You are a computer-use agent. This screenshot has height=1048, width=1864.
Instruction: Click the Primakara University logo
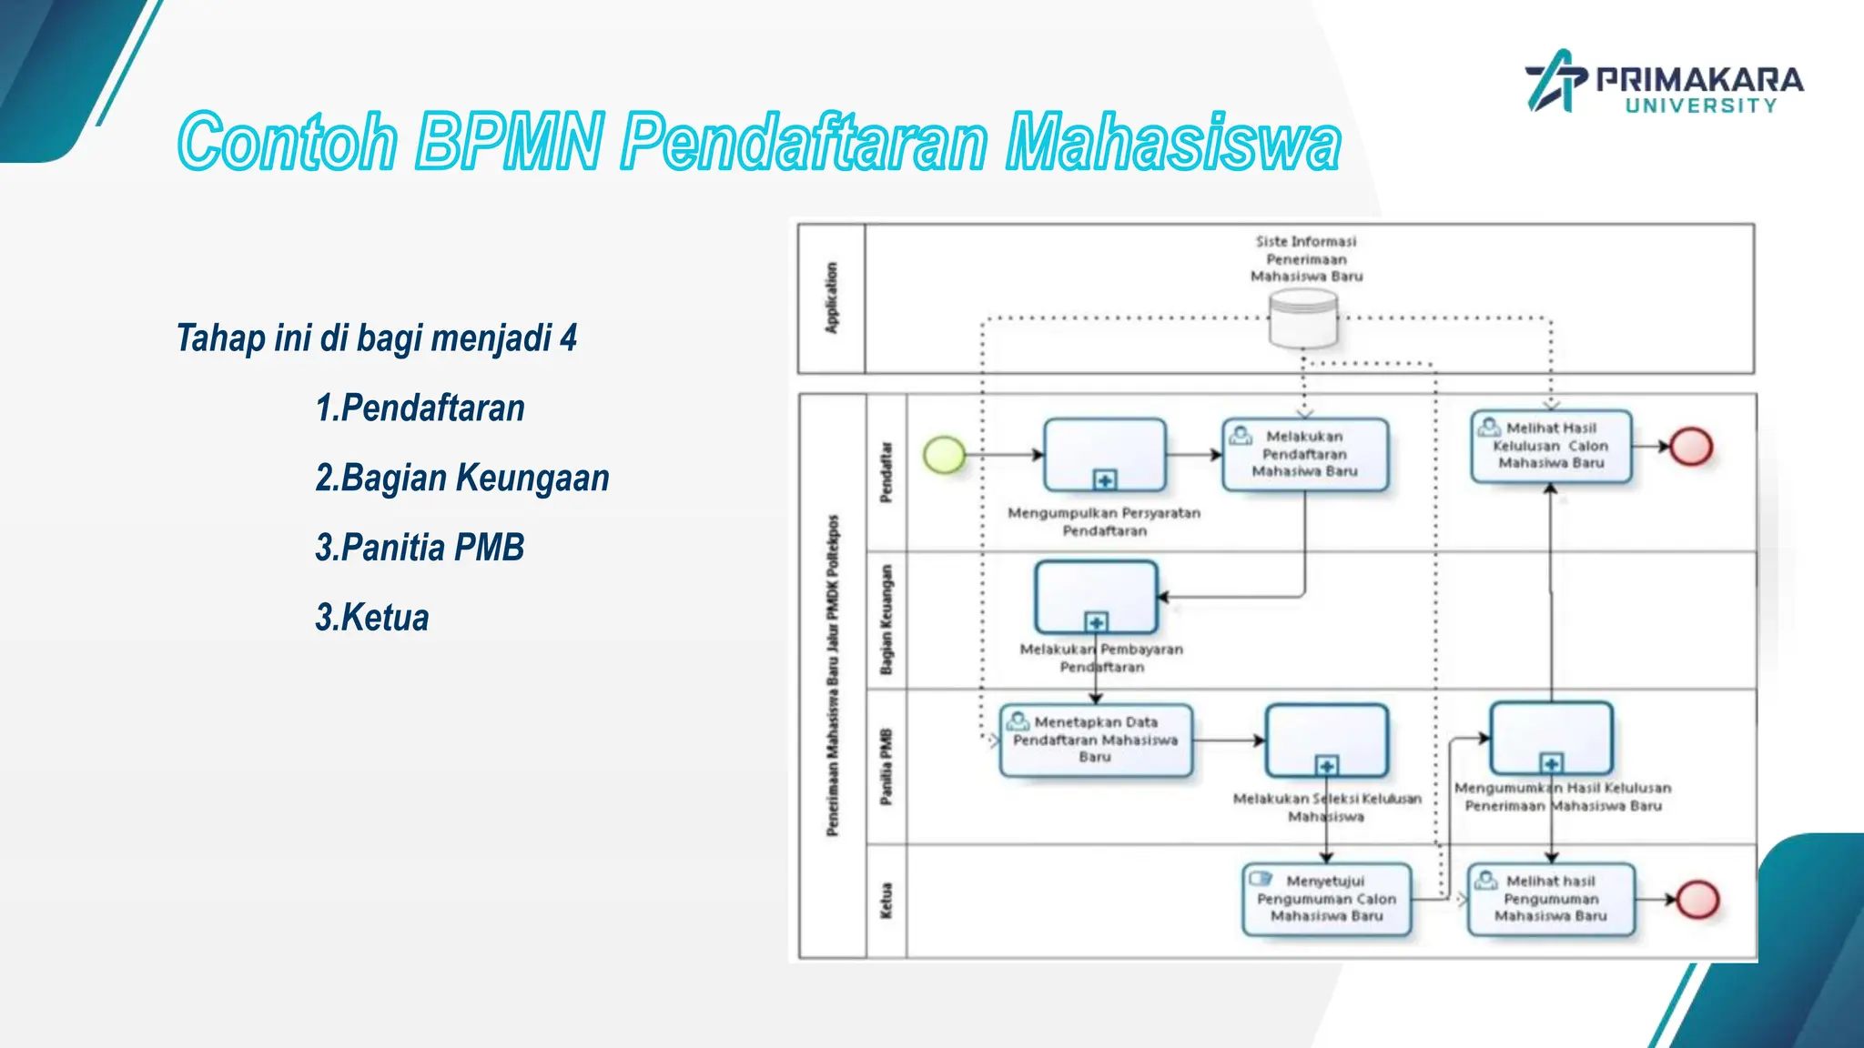1664,82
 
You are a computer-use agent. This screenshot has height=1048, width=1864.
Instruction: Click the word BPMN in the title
509,142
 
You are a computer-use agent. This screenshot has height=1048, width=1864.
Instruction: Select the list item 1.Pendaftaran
420,408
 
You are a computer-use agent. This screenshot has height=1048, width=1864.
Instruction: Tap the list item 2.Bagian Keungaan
461,478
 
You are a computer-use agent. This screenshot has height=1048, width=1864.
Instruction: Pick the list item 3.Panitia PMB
420,548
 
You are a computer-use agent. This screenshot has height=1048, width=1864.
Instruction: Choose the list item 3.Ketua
371,618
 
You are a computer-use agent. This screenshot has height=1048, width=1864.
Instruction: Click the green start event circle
944,454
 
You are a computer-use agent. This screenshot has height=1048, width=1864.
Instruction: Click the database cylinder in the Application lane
1303,318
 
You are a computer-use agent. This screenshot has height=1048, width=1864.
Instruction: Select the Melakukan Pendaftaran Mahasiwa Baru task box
1304,454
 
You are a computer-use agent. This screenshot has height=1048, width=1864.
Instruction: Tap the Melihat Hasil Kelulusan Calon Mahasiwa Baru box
1551,446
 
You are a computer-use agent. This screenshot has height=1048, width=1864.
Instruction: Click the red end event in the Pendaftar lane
1691,447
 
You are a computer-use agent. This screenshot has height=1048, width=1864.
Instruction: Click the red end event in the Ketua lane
1697,900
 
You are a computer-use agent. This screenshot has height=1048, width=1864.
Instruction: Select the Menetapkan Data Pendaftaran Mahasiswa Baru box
1095,740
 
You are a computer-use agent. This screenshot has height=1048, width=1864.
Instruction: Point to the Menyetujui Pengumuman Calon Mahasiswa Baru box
1326,899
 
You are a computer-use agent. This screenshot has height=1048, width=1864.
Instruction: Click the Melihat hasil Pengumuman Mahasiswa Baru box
1551,899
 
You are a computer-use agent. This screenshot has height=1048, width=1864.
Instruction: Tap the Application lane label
831,298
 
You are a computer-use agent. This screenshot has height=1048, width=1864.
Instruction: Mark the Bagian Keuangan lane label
886,620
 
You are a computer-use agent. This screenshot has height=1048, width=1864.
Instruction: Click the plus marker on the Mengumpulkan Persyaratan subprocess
1105,479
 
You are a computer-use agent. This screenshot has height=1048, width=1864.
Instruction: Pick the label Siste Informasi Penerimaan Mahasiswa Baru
1306,259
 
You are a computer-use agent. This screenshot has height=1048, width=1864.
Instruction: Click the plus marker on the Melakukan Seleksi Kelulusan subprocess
1327,765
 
